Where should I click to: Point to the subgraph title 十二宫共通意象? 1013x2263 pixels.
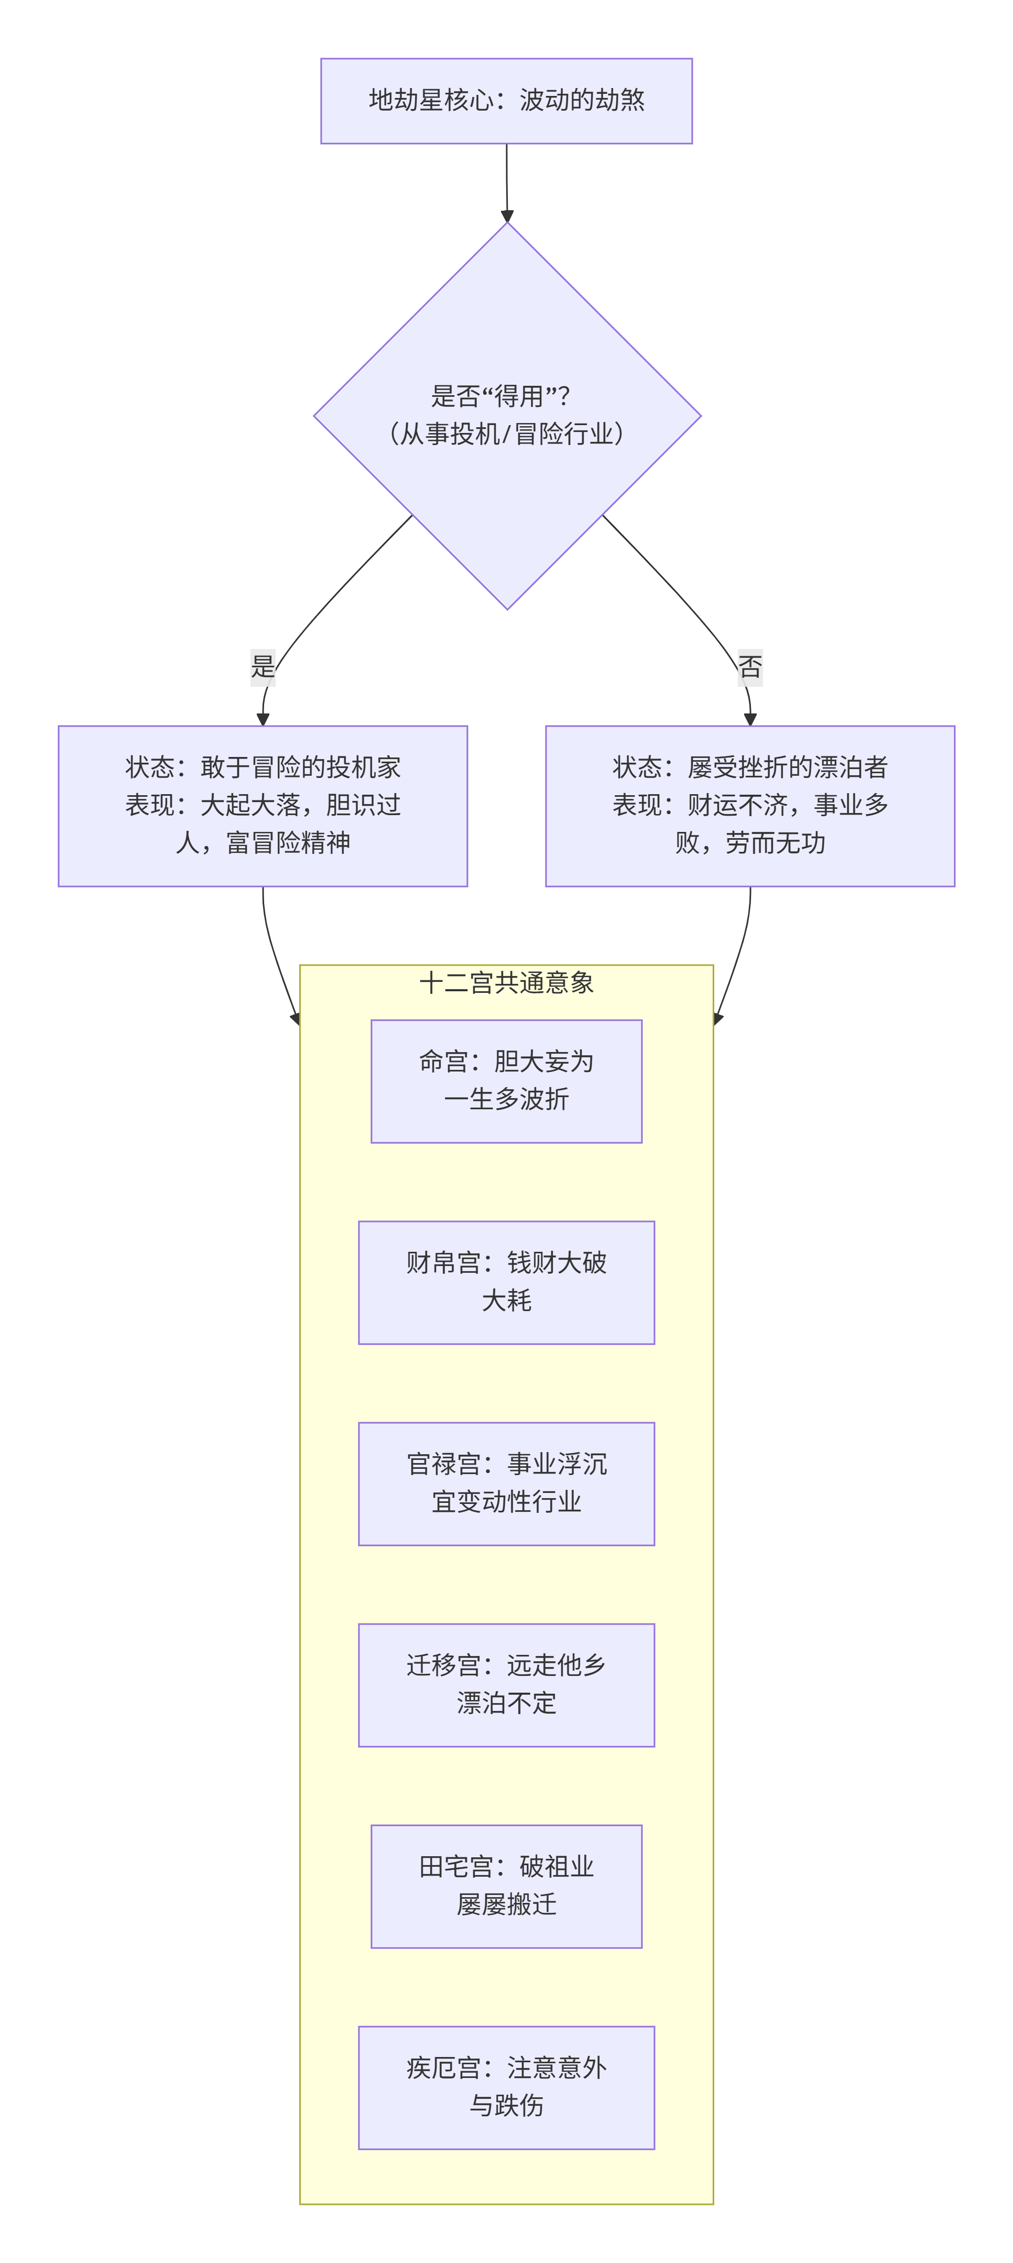[x=506, y=982]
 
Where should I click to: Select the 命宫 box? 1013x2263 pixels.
[x=506, y=1080]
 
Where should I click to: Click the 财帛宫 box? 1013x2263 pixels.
[x=506, y=1282]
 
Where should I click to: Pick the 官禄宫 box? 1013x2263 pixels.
[x=506, y=1483]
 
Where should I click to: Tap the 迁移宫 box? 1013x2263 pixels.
[x=506, y=1684]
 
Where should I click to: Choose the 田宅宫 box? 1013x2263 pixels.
[x=506, y=1885]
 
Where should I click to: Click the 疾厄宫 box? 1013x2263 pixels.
[x=506, y=2086]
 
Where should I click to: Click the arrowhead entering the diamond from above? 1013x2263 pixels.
[x=507, y=215]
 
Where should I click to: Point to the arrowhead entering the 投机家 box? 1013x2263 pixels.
[x=263, y=720]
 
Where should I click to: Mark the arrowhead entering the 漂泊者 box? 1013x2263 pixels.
[x=749, y=720]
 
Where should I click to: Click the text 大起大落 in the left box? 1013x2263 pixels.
[x=250, y=805]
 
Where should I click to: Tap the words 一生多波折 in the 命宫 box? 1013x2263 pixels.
[x=506, y=1099]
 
